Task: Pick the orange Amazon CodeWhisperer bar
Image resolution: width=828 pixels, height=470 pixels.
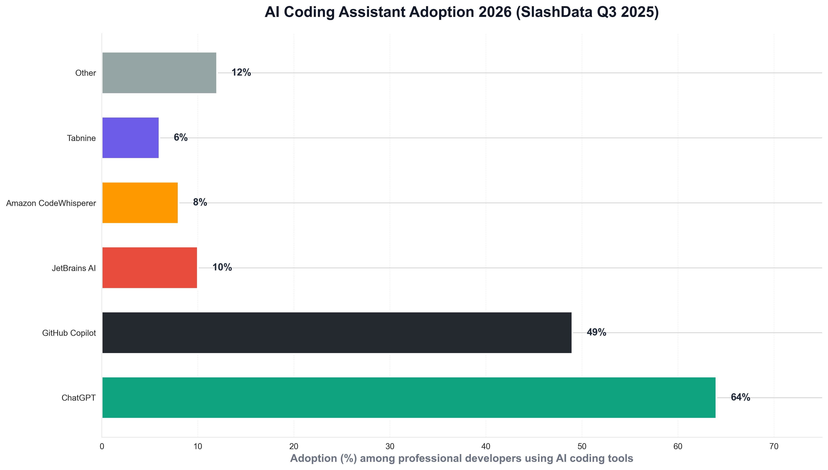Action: click(140, 203)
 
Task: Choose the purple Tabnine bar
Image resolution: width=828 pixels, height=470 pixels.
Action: click(130, 138)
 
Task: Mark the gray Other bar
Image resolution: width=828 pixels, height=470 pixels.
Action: click(159, 73)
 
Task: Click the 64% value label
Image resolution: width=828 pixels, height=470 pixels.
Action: click(740, 397)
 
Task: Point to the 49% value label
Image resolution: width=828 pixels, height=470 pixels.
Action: click(596, 332)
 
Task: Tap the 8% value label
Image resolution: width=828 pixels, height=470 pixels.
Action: click(200, 202)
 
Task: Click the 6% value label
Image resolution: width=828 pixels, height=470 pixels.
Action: click(181, 138)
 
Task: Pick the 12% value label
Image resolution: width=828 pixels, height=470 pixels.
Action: click(241, 73)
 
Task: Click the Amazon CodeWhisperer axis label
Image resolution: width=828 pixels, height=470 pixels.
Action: click(51, 203)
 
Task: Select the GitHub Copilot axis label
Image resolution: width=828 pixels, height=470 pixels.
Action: click(69, 333)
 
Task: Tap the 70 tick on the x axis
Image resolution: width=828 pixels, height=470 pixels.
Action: click(774, 447)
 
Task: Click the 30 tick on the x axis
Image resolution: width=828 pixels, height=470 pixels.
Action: click(390, 447)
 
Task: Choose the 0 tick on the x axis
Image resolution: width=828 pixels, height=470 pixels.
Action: click(102, 447)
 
